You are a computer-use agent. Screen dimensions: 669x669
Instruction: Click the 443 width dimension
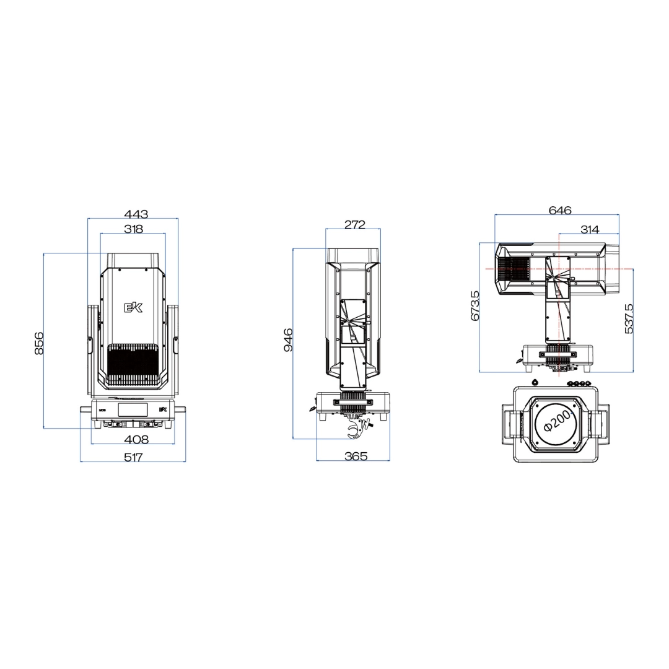(x=136, y=214)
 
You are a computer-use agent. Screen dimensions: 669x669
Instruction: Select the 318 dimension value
(x=134, y=229)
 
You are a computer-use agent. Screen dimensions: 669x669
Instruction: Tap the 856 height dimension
(x=39, y=343)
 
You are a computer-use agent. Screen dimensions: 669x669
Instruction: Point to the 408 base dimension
(x=136, y=439)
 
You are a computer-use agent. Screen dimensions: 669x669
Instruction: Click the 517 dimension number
(x=133, y=457)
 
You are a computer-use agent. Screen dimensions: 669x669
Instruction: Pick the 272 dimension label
(x=354, y=224)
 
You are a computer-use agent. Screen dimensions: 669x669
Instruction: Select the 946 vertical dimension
(x=289, y=339)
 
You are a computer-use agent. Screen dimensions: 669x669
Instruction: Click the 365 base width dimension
(x=356, y=456)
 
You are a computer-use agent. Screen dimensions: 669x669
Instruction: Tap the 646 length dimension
(x=560, y=211)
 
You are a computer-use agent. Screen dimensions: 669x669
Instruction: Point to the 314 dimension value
(x=590, y=230)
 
